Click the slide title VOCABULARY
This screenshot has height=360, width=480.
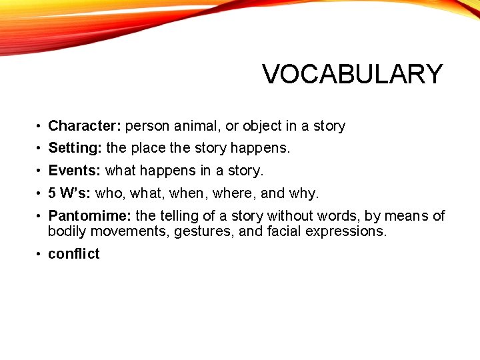[x=352, y=74]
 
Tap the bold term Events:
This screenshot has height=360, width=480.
[x=74, y=170]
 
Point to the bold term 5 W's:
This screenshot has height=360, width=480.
[x=70, y=193]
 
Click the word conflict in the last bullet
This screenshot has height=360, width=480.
[x=73, y=253]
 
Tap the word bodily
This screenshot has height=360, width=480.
[x=67, y=232]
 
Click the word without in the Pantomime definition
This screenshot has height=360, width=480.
[x=291, y=216]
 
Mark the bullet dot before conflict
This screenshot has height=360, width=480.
[x=40, y=254]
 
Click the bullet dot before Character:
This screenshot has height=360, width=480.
[x=40, y=126]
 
